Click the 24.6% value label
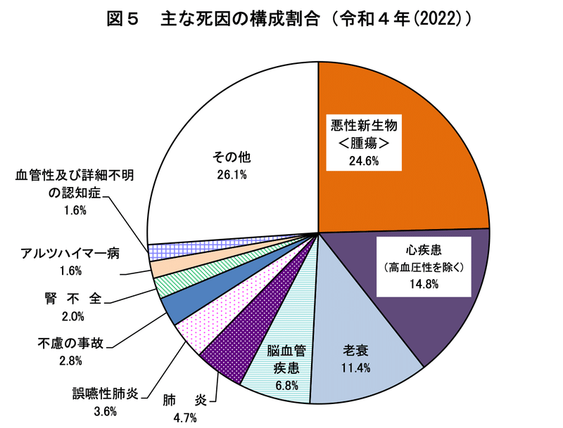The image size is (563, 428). coord(364,161)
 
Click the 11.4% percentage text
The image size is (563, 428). coord(357,367)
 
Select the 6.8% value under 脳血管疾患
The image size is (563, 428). coord(286,385)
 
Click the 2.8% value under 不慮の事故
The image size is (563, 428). coord(70,361)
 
